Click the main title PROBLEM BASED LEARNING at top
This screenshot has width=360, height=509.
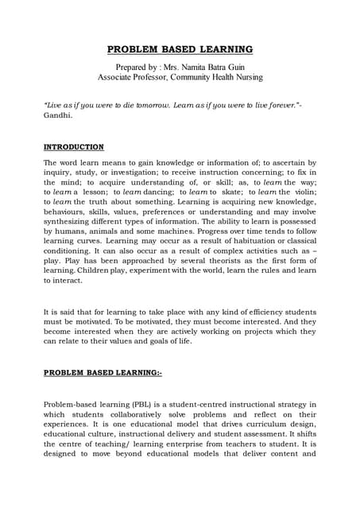pyautogui.click(x=180, y=49)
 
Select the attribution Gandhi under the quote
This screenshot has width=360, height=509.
pyautogui.click(x=57, y=116)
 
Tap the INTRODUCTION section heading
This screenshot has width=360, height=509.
pyautogui.click(x=73, y=147)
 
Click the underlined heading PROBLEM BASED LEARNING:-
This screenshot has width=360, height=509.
pyautogui.click(x=103, y=372)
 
